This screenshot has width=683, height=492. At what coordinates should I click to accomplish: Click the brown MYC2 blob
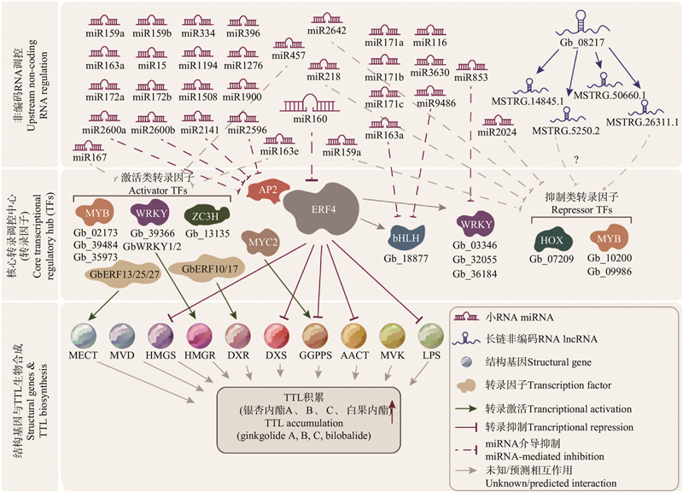coord(261,243)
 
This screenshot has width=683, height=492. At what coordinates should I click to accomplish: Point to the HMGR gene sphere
coord(200,333)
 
